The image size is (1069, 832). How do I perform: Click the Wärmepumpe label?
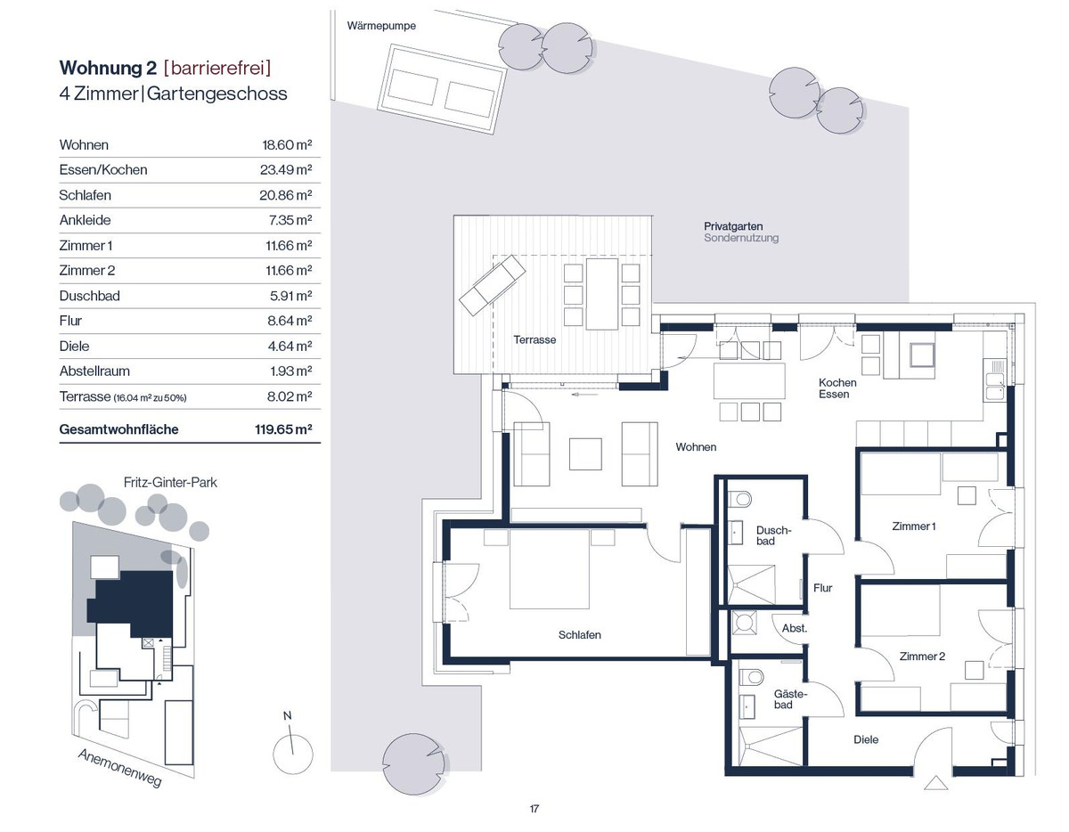coord(381,26)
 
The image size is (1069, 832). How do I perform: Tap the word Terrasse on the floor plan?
coord(534,339)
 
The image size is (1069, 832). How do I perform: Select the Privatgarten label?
coord(733,226)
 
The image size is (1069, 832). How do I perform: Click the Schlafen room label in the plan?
coord(580,635)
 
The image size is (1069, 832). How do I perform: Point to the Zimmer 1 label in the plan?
coord(913,526)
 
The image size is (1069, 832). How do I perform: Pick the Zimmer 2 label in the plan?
coord(922,657)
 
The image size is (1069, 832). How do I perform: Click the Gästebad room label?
coord(790,699)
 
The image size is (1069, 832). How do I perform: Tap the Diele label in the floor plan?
coord(866,739)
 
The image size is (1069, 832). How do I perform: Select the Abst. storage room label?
coord(795,628)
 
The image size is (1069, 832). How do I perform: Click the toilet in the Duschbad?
coord(739,500)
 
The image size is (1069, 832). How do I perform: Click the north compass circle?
coord(293,755)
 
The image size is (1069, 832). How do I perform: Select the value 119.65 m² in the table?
coord(283,429)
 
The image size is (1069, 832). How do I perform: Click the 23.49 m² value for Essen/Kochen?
coord(286,169)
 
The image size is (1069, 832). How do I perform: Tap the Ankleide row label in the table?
coord(86,220)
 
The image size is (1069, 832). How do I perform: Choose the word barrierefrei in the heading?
coord(217,68)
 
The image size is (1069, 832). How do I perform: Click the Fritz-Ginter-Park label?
coord(170,483)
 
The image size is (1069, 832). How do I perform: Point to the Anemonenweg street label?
coord(119,768)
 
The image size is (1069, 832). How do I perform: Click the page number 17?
coord(534,809)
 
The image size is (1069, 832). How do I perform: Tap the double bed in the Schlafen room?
coord(549,569)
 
